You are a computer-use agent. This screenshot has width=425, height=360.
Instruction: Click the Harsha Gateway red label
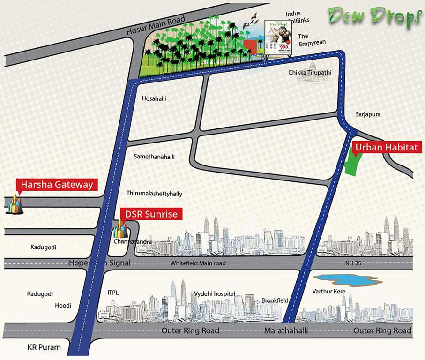pos(57,185)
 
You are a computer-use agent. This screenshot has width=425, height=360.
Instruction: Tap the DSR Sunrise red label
pos(151,214)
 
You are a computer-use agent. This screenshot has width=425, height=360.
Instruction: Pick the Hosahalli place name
pos(154,98)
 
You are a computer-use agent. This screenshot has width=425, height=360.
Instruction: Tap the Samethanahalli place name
pos(154,157)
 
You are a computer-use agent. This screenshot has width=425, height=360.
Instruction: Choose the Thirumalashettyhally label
pos(154,193)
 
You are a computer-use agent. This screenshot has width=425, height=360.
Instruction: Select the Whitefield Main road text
pos(198,263)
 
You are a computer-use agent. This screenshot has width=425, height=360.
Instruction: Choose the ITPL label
pos(113,293)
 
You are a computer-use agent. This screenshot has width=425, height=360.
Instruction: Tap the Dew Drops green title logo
pos(375,16)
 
